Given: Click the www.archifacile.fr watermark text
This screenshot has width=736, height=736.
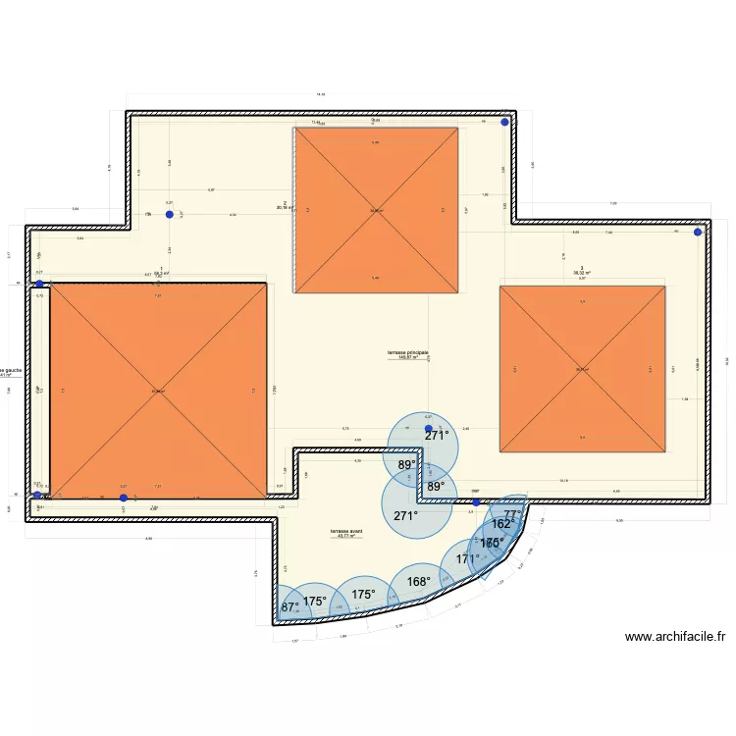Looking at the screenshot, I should point(674,636).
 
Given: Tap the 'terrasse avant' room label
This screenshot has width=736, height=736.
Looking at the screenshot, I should point(346,531).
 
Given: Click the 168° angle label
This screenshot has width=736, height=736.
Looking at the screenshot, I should point(419,582).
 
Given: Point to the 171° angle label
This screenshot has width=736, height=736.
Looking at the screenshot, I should point(468,559).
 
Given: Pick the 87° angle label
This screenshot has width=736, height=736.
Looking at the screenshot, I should point(290,607).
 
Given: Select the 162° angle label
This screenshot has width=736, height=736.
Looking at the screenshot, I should point(501,525).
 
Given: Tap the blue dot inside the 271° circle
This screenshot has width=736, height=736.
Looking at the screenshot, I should point(428,428).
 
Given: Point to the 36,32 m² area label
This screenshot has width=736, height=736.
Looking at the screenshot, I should point(582,274).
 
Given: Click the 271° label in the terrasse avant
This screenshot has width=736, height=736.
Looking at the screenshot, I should point(405,515).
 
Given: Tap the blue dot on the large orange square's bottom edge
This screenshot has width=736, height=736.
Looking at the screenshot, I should point(123,498).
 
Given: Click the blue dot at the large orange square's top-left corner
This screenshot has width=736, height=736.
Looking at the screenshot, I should point(39,285).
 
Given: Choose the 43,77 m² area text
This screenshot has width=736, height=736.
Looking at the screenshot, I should point(346,537).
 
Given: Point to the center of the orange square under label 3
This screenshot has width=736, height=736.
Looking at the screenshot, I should point(583,369).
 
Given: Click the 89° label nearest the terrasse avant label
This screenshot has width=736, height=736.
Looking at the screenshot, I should point(406,465).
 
